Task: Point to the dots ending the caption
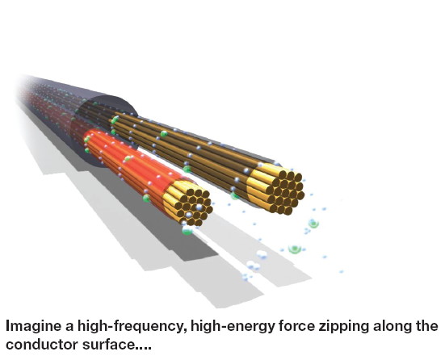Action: (x=143, y=348)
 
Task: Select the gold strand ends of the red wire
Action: (x=188, y=203)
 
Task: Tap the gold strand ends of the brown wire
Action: (x=276, y=188)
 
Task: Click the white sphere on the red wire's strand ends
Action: (x=199, y=207)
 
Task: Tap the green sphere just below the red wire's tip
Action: (x=187, y=231)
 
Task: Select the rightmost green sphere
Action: (x=313, y=224)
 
